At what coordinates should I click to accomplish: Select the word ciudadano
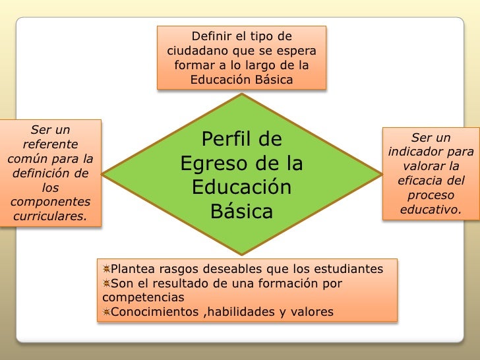(x=196, y=51)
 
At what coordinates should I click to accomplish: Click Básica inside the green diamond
(x=241, y=212)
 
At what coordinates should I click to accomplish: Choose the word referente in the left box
(x=50, y=144)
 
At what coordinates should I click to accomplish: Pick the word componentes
(x=50, y=202)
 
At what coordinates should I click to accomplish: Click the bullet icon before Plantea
(x=105, y=269)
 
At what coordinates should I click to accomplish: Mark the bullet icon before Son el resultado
(x=105, y=284)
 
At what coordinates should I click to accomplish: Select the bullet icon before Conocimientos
(x=105, y=312)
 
